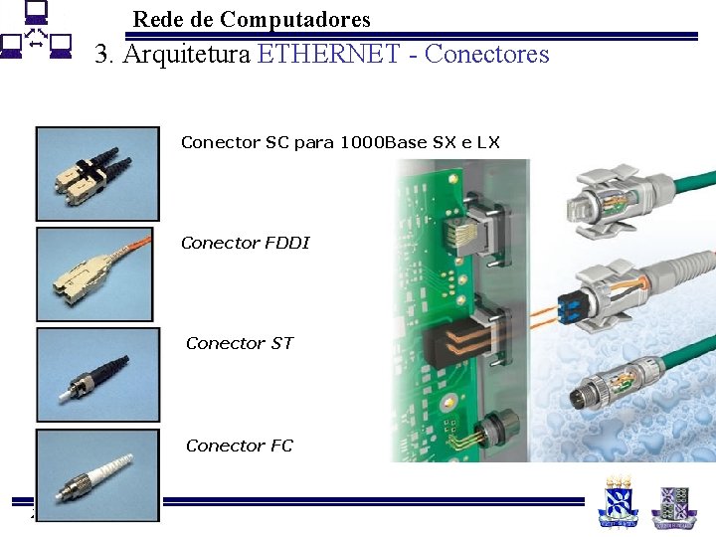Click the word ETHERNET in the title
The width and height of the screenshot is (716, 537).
coord(328,54)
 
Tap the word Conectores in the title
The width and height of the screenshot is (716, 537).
coord(486,54)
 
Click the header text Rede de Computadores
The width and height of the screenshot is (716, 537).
coord(252,19)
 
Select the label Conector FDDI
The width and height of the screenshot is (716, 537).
coord(246,243)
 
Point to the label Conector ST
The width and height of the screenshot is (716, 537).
coord(240,343)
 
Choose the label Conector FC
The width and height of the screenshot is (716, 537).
coord(240,446)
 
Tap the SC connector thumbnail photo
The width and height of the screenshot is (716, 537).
coord(96,173)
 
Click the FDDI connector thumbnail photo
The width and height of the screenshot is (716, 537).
coord(95,274)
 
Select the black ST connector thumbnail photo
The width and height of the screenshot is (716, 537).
coord(97,374)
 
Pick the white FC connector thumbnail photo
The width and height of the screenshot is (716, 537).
coord(96,475)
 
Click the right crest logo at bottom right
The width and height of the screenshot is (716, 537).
coord(674,504)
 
